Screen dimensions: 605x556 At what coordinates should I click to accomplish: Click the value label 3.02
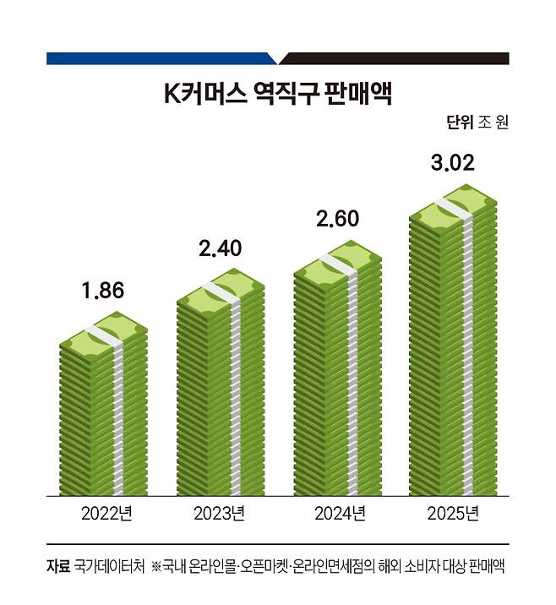coord(452,163)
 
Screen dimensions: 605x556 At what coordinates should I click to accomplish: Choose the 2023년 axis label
coord(220,513)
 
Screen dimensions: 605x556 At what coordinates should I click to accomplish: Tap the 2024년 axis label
coord(336,513)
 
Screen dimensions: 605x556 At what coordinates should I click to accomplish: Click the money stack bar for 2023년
coord(221,389)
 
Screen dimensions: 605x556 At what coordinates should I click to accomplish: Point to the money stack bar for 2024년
coord(336,372)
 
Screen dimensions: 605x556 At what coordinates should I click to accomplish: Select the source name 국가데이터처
coord(110,564)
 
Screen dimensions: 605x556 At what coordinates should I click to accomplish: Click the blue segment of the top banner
coord(161,59)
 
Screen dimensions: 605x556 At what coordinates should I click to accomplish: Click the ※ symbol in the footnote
coord(157,564)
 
